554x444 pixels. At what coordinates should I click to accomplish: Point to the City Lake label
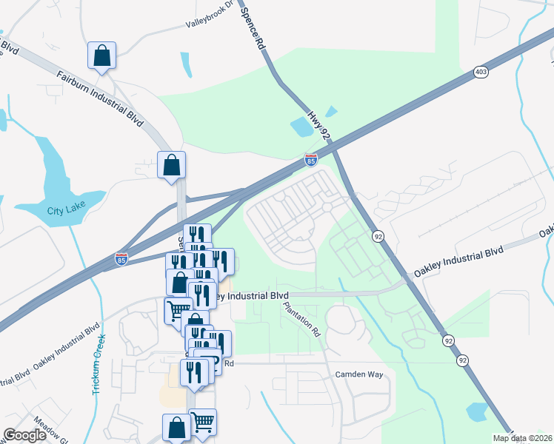[66, 210]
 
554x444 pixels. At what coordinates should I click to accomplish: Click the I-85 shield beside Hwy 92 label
[311, 160]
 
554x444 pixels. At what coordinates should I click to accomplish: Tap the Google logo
[24, 434]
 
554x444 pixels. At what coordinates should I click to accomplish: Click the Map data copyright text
[522, 438]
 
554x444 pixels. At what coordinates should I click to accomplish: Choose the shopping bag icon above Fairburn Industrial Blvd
[102, 55]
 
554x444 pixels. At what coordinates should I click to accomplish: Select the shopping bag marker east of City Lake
[171, 166]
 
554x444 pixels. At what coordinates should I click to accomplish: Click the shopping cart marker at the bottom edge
[203, 422]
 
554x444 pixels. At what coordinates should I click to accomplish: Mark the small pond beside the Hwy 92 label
[303, 127]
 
